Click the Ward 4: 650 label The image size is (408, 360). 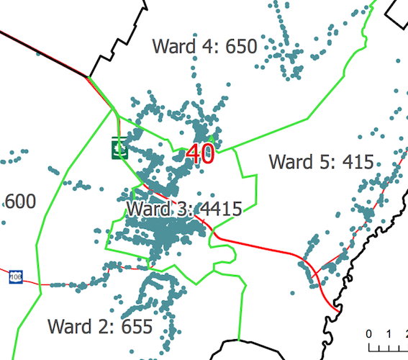point(204,47)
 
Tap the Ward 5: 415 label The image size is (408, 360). point(321,161)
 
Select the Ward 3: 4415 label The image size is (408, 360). point(183,210)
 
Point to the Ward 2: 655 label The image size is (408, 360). point(100,326)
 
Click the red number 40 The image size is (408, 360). point(201,153)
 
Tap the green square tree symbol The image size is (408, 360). point(119,149)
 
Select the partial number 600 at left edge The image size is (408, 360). point(20,202)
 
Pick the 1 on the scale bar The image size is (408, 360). point(389,334)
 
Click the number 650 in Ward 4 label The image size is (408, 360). point(241,47)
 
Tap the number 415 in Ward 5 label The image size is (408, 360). point(358,161)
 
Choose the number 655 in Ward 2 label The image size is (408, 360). point(136,326)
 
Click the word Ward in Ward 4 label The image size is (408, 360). point(172,47)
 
